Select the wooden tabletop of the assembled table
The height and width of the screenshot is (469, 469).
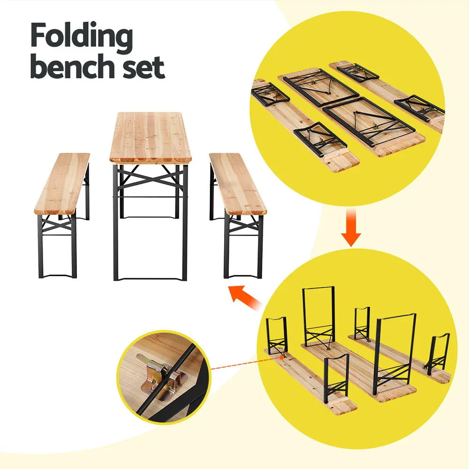pos(151,136)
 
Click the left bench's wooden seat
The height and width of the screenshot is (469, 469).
pos(62,183)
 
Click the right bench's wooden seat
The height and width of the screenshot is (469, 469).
pos(237,183)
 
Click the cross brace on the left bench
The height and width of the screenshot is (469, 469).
pos(57,226)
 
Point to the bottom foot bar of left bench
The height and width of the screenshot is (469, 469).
pos(57,276)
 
